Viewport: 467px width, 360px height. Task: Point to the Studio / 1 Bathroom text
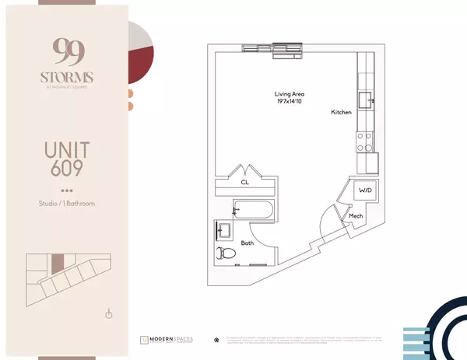tap(66, 204)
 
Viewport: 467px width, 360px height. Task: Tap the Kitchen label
tap(341, 114)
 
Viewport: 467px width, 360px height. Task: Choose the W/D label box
tap(364, 190)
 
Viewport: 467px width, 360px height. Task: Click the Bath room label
tap(246, 243)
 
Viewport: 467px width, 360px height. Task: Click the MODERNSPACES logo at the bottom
tap(168, 340)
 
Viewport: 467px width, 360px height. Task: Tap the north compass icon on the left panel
tap(110, 313)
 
